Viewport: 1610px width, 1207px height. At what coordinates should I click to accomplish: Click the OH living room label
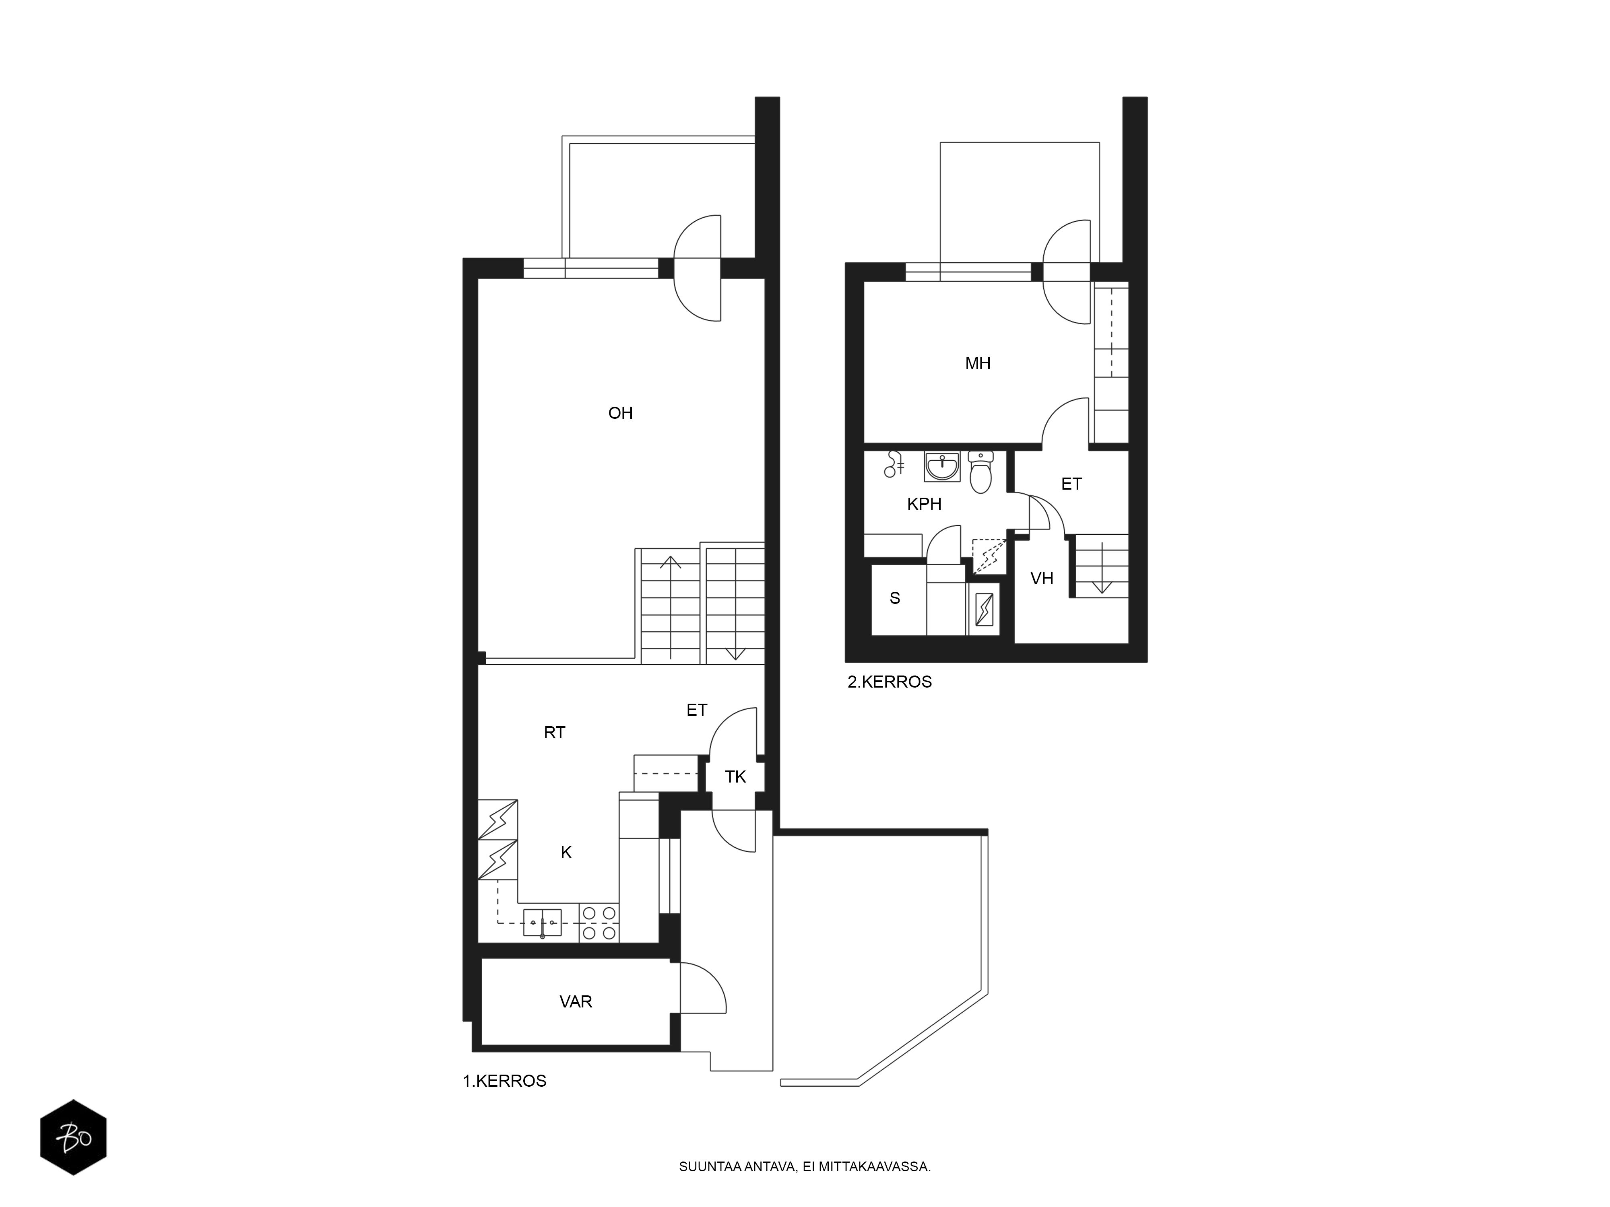coord(620,413)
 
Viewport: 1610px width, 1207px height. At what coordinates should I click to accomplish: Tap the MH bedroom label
coord(978,363)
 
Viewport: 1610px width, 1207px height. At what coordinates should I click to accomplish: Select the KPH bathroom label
coord(925,503)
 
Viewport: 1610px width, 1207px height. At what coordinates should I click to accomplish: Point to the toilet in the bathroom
coord(980,472)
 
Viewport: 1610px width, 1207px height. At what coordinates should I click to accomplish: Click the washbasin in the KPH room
coord(943,466)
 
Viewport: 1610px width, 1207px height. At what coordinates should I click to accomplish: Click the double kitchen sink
coord(542,923)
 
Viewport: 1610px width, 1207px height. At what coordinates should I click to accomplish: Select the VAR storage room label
coord(576,1002)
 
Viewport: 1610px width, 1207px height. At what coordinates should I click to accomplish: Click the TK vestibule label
coord(735,777)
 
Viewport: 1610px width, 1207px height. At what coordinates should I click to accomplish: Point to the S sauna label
coord(894,598)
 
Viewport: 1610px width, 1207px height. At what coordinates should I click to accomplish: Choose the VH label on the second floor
coord(1042,579)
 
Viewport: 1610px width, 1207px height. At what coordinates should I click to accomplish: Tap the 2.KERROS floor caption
coord(890,682)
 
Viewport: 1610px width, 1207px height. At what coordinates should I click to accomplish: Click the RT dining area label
coord(555,733)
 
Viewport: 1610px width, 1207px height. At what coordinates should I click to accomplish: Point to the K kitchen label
coord(566,853)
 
